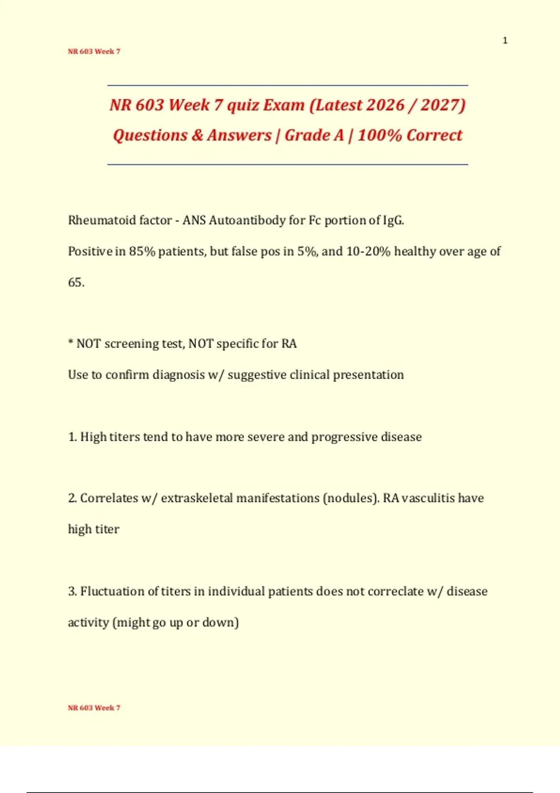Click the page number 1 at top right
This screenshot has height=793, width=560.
(505, 41)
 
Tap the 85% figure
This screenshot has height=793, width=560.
(142, 251)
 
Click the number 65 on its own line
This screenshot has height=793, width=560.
(75, 283)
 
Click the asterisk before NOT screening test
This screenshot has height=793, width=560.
(70, 343)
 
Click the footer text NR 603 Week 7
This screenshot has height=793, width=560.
(94, 708)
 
